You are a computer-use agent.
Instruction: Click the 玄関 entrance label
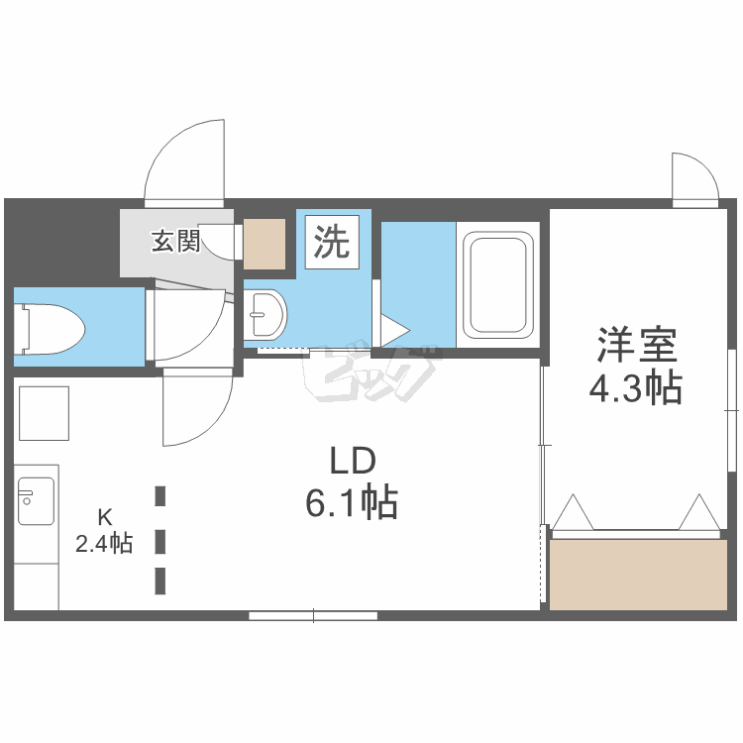click(x=175, y=241)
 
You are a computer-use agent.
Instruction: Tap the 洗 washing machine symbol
click(x=332, y=242)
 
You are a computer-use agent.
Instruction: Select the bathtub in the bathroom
click(x=497, y=284)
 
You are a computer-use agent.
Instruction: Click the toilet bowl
click(x=50, y=329)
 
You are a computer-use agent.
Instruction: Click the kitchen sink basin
click(x=36, y=501)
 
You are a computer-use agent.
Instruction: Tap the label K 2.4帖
click(x=104, y=530)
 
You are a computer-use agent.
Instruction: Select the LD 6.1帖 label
click(x=352, y=481)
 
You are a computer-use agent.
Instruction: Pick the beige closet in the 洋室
click(x=638, y=575)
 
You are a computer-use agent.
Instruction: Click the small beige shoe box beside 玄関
click(x=265, y=244)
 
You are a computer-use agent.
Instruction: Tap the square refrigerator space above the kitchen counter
click(x=44, y=413)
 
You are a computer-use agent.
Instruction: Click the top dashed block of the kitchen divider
click(x=160, y=495)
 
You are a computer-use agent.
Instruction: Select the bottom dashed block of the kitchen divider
click(x=160, y=581)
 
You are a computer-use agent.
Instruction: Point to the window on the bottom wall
click(x=313, y=615)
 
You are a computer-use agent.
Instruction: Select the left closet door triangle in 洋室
click(x=574, y=512)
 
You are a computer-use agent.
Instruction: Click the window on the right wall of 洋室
click(x=732, y=410)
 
